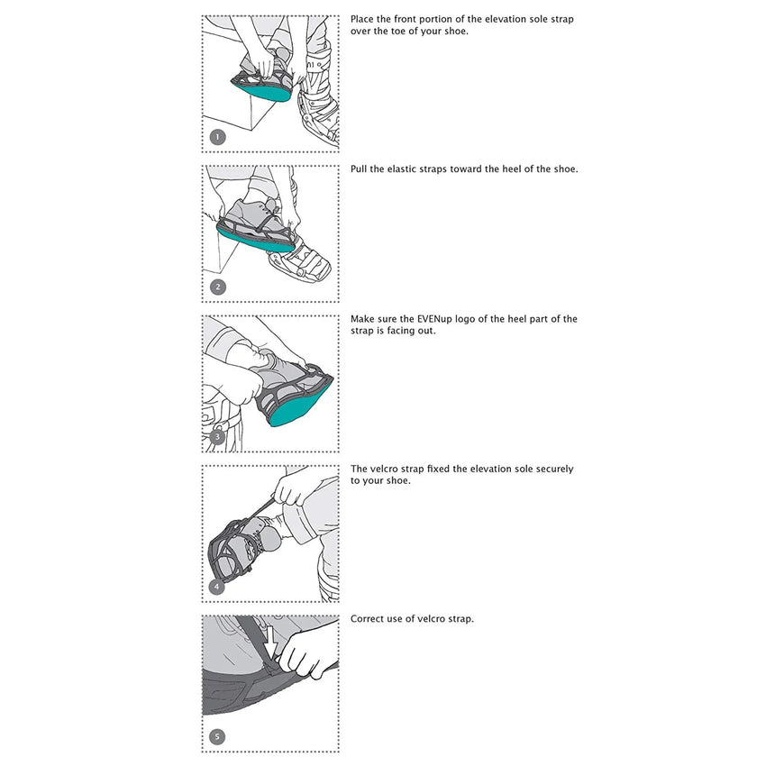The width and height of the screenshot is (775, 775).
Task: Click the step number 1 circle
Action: [216, 138]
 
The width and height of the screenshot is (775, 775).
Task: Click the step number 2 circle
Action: [216, 287]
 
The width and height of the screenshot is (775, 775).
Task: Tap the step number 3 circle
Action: [216, 438]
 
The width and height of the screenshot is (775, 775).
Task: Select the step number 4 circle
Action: [216, 588]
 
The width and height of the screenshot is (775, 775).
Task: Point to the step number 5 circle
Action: [216, 737]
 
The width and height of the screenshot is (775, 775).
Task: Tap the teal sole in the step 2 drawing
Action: [255, 238]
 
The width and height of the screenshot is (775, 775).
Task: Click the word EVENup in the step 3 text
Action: [434, 319]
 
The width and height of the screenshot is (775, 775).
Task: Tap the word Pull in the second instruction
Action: [360, 169]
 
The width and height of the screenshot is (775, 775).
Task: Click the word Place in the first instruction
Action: [362, 19]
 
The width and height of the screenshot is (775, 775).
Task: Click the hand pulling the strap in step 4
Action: [293, 490]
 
